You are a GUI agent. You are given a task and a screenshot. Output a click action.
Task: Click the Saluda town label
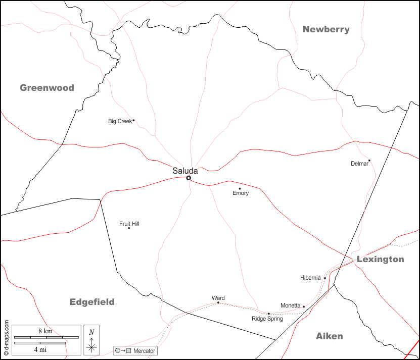[185, 171]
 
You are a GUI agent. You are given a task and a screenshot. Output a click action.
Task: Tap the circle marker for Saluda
[189, 178]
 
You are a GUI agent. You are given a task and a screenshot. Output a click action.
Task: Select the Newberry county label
[326, 29]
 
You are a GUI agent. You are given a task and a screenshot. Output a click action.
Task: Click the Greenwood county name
[47, 88]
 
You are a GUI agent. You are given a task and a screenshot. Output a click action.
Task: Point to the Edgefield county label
[92, 302]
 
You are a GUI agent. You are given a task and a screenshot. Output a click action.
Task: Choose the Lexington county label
[380, 259]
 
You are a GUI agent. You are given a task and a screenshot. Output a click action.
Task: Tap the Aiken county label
[329, 336]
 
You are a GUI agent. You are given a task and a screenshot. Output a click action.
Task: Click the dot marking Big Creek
[133, 120]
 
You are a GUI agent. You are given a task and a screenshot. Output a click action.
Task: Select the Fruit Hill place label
[129, 223]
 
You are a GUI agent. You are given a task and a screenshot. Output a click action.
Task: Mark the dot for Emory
[240, 188]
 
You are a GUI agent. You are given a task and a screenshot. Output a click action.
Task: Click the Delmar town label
[359, 164]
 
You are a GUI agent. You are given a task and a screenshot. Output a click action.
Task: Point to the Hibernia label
[310, 278]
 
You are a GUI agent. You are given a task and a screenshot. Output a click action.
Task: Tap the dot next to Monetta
[304, 306]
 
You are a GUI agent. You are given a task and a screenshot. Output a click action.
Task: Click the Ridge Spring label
[267, 319]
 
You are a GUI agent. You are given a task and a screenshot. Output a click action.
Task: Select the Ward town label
[218, 298]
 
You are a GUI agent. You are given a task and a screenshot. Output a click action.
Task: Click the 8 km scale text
[45, 331]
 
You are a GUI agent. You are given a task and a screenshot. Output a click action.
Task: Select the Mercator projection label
[144, 350]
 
